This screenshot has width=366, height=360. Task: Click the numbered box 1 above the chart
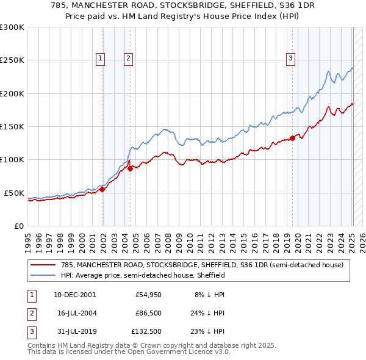click(x=100, y=59)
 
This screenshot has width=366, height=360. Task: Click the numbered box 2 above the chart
click(x=129, y=59)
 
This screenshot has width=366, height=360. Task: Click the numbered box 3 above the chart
click(x=290, y=59)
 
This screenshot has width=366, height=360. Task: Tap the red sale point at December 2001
click(x=102, y=189)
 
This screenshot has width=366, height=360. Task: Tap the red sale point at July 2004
click(x=131, y=168)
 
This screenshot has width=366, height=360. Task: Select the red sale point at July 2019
click(x=292, y=138)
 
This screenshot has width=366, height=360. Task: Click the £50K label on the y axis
click(x=14, y=193)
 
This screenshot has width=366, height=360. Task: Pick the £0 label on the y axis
click(x=18, y=226)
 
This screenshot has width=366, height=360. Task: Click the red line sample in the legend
click(x=43, y=265)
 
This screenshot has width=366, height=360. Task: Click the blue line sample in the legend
click(x=43, y=275)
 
